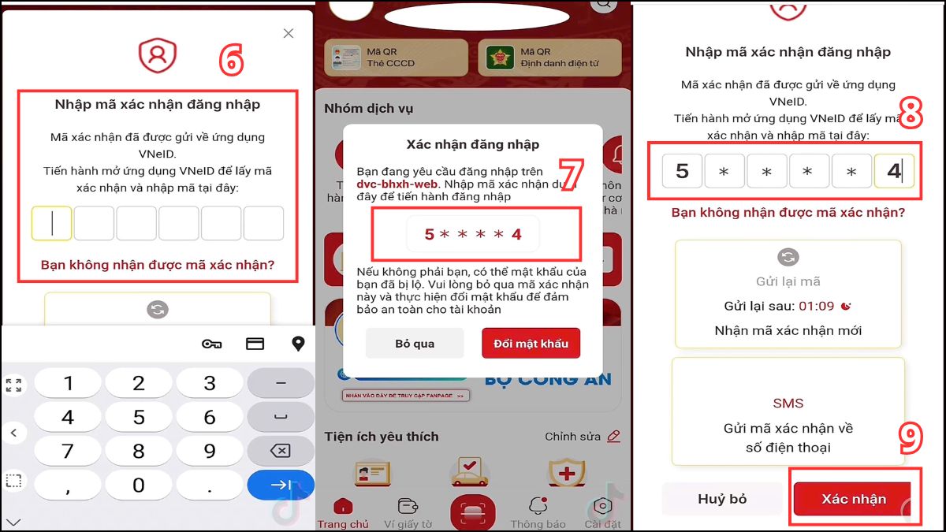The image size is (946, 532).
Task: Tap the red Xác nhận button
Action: [854, 499]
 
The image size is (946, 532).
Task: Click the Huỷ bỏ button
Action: [722, 499]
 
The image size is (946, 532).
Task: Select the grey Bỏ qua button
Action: [415, 344]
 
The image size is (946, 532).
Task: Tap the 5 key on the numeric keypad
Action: [139, 417]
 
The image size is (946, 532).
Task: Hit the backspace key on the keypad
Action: [281, 451]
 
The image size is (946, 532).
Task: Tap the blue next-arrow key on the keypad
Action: [281, 485]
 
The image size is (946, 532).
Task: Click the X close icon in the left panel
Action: [289, 33]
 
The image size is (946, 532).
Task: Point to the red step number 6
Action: [231, 61]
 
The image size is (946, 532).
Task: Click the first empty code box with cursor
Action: [52, 224]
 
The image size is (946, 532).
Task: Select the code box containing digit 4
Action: [894, 171]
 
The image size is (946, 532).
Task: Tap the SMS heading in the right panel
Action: [788, 403]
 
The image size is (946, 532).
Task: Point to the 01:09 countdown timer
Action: [816, 306]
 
